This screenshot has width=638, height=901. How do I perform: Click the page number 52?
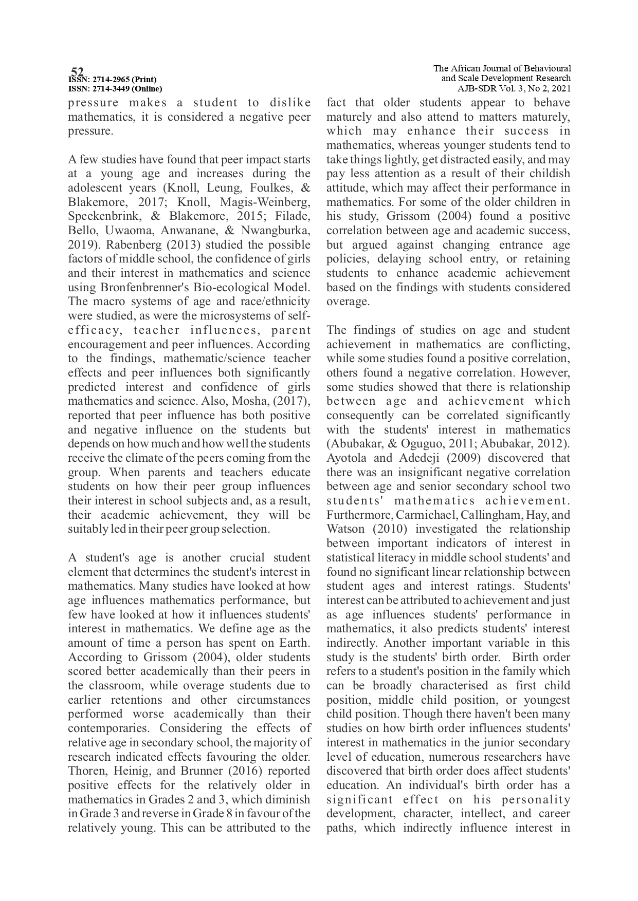click(x=77, y=71)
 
